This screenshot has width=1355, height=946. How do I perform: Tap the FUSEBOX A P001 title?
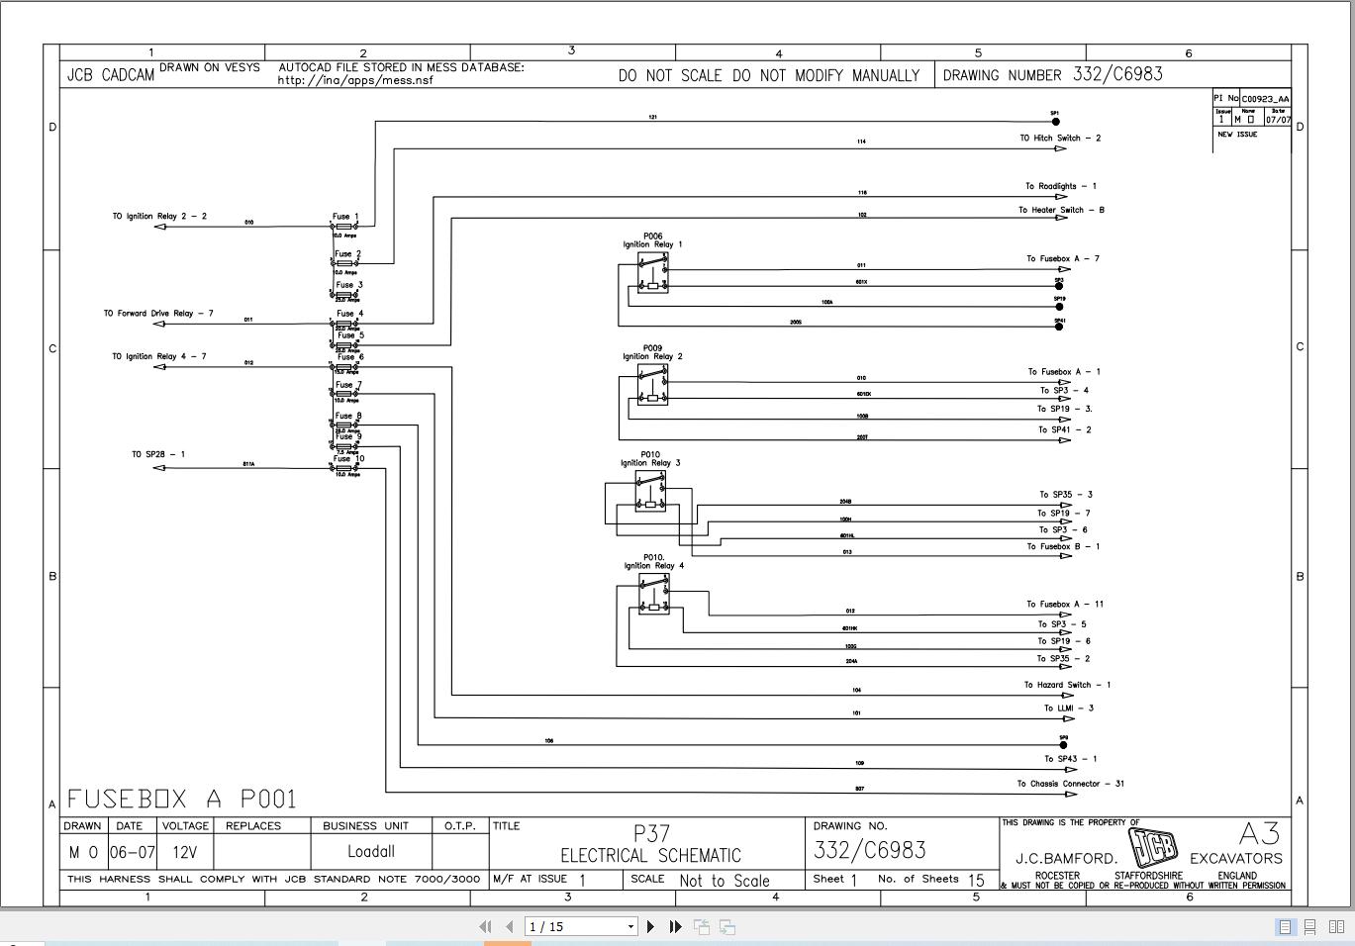182,799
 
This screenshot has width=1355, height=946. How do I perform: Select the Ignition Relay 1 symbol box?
653,273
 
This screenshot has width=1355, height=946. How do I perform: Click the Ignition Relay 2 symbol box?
653,385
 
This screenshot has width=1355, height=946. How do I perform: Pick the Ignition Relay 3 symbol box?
650,491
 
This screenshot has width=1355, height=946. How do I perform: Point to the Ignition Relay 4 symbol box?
653,595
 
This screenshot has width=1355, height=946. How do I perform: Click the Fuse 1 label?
345,216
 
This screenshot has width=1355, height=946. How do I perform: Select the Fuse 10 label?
348,458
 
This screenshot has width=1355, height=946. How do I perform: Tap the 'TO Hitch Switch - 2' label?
1060,139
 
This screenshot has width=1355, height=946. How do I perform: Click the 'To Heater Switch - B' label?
1061,210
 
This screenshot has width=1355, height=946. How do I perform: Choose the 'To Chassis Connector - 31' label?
1070,784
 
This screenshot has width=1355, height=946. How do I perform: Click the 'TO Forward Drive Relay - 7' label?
158,314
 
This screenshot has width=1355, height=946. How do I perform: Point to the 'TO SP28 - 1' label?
158,454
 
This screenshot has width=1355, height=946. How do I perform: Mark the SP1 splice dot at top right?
1056,122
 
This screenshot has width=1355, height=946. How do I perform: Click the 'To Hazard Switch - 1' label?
1067,685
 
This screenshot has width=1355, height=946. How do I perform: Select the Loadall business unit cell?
371,851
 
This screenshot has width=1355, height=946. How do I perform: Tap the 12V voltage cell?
184,851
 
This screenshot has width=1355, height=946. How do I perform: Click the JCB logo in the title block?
1154,846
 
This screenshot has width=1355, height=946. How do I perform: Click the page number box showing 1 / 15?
580,926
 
